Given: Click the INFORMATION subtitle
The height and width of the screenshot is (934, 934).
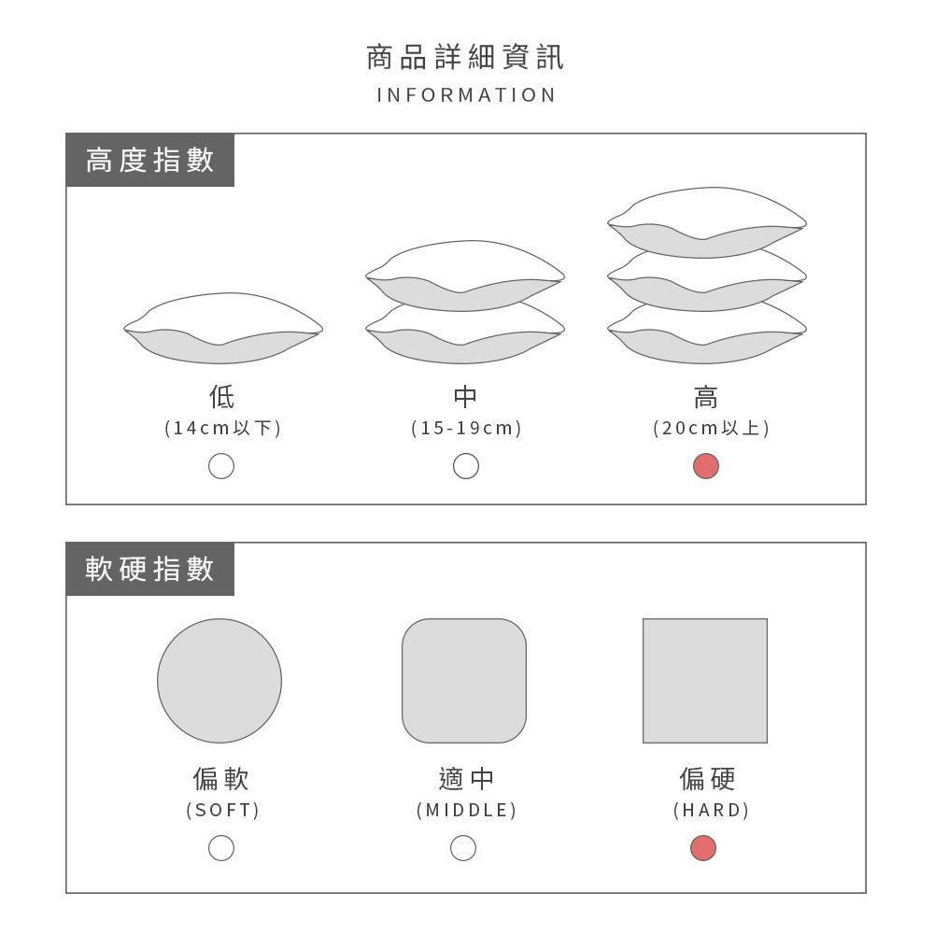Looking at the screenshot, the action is (466, 95).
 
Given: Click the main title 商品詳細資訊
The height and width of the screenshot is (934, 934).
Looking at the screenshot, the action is (465, 57).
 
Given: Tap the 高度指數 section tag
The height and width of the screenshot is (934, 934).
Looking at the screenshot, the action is (149, 161).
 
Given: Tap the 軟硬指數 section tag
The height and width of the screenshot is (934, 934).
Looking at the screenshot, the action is (149, 569).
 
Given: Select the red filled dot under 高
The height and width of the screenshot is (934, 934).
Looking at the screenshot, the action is (706, 466).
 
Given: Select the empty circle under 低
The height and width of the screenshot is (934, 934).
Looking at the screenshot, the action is (221, 466).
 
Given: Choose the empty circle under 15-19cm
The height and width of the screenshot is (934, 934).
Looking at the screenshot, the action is (466, 466).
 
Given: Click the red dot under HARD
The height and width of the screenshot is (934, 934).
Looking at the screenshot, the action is (703, 848).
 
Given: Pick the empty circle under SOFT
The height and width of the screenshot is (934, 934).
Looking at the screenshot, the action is (221, 848).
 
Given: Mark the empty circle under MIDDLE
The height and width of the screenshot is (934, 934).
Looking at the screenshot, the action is (463, 848).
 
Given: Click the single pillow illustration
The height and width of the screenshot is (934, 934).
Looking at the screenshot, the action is (223, 328).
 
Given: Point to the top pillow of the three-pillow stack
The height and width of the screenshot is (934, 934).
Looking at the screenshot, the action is (706, 223).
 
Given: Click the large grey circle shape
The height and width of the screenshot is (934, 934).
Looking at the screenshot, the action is (219, 681).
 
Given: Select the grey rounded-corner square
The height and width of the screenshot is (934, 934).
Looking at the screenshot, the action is (464, 681).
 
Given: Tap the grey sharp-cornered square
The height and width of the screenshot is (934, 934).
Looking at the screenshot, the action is (705, 681).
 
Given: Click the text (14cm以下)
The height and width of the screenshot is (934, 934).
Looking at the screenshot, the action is (223, 429).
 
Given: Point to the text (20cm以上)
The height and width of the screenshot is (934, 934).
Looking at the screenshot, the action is (711, 429).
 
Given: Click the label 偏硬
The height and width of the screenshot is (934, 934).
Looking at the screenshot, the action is (707, 779).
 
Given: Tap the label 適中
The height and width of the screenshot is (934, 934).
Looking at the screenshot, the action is (466, 779).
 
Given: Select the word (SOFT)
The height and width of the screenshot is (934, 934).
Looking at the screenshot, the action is (223, 811).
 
